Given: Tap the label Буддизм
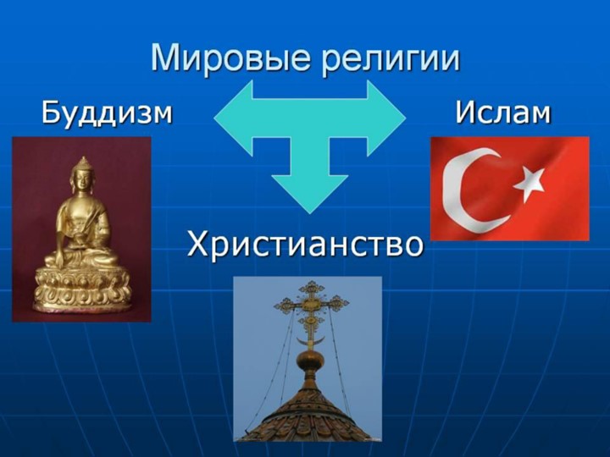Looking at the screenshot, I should tap(107, 112).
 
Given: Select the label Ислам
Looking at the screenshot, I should tap(502, 112).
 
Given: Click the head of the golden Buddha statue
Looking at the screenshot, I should tap(82, 181).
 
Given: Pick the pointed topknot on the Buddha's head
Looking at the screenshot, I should tap(82, 162).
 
